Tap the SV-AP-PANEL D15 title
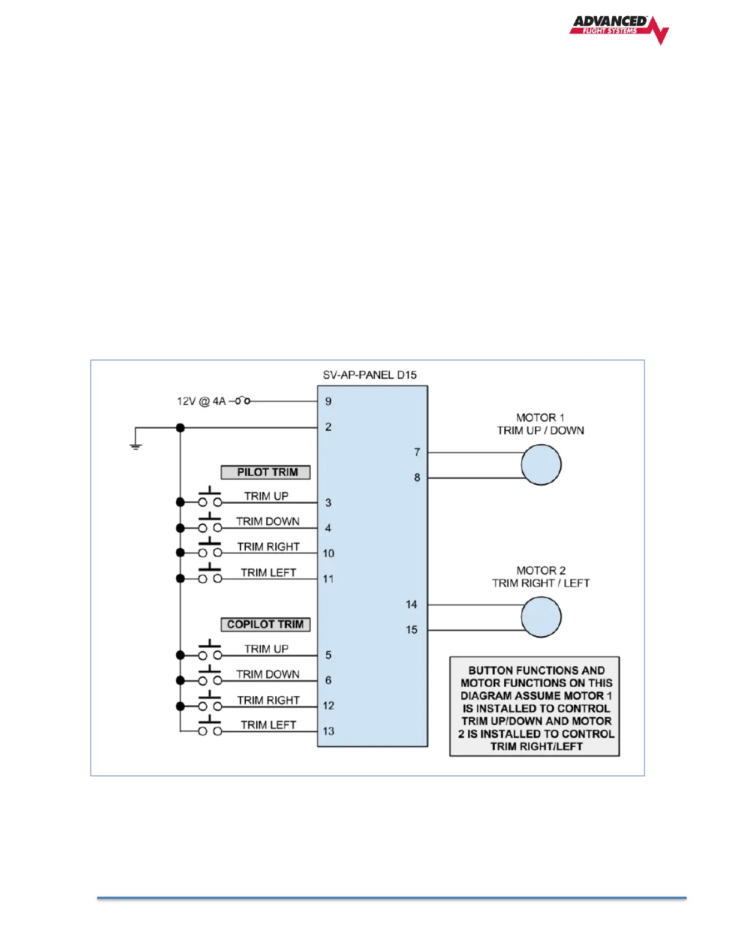click(x=369, y=375)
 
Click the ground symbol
click(x=136, y=446)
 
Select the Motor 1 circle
click(x=541, y=465)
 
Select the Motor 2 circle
click(x=541, y=617)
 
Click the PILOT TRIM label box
click(x=266, y=473)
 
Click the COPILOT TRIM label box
click(x=266, y=624)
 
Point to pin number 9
click(x=328, y=401)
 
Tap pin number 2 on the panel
click(x=328, y=427)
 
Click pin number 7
click(x=417, y=452)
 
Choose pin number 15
click(x=411, y=630)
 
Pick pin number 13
click(x=328, y=731)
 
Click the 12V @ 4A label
click(x=201, y=401)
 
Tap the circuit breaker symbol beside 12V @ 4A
click(x=242, y=401)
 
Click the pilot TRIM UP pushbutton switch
click(x=210, y=498)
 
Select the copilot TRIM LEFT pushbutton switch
click(x=210, y=727)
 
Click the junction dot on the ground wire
click(x=181, y=428)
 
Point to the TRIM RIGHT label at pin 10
click(x=268, y=547)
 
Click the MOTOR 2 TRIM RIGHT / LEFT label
click(x=541, y=577)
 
